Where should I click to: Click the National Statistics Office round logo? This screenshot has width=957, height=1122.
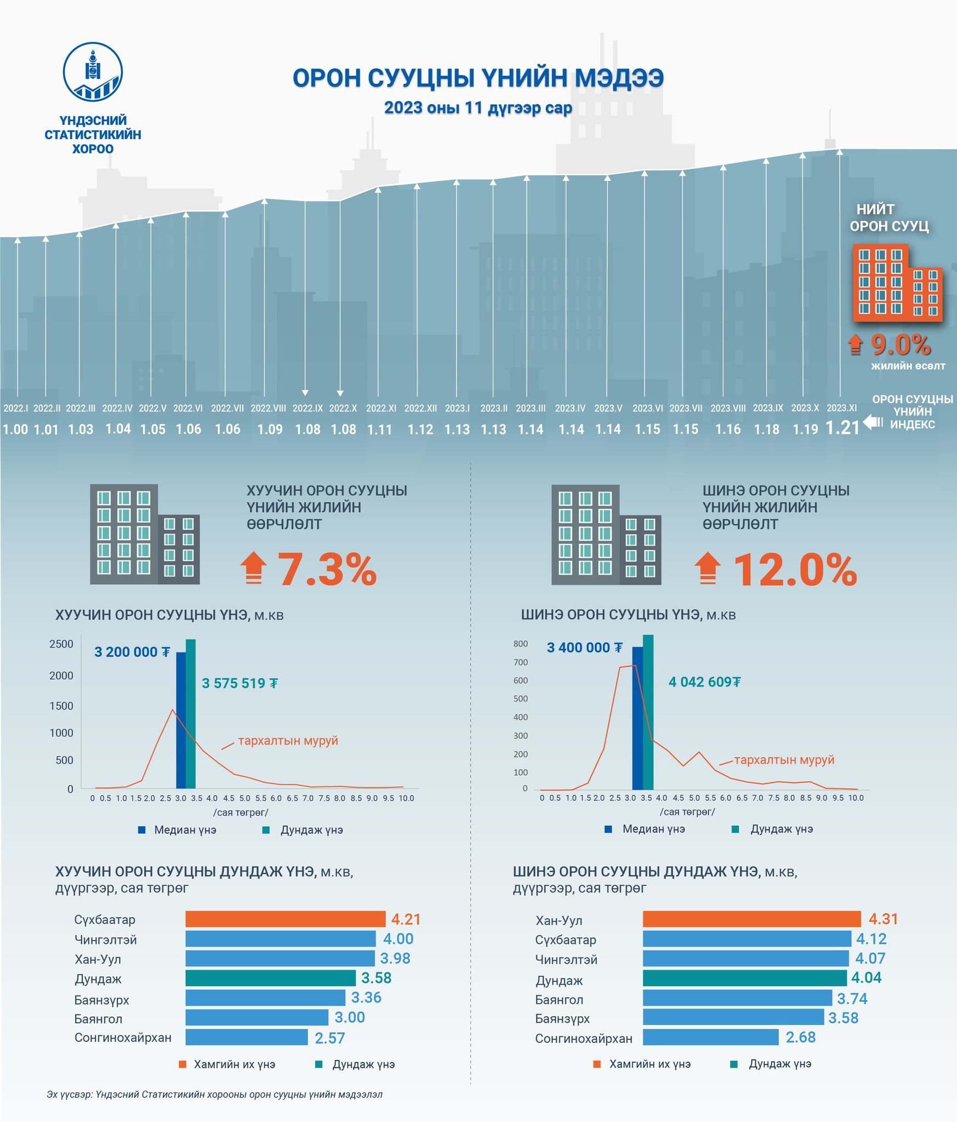tap(93, 72)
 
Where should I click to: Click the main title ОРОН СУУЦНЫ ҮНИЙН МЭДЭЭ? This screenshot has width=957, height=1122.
tap(478, 78)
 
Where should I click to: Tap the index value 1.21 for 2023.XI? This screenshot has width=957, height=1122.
tap(842, 428)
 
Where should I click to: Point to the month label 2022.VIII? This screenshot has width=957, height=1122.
tap(268, 408)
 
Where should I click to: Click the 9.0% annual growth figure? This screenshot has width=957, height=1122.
tap(901, 345)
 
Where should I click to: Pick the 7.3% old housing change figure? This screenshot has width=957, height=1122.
tap(327, 570)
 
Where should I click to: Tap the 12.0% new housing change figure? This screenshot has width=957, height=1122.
tap(794, 570)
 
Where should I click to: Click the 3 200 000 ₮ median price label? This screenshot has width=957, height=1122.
tap(132, 652)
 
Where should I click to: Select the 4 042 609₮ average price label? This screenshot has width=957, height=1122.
tap(704, 682)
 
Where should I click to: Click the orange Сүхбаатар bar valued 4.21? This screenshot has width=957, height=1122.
tap(285, 919)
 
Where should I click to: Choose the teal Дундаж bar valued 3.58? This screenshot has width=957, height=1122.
tap(270, 978)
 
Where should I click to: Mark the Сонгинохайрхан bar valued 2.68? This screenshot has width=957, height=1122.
tap(710, 1037)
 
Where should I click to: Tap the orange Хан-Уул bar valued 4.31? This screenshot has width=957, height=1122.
tap(751, 919)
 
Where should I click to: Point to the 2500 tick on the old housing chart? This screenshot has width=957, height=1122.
tap(61, 644)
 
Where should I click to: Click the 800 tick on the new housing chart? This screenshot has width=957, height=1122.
tap(521, 644)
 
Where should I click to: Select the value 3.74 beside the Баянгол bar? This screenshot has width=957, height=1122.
tap(852, 998)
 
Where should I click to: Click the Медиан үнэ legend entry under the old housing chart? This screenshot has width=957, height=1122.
tap(178, 830)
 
